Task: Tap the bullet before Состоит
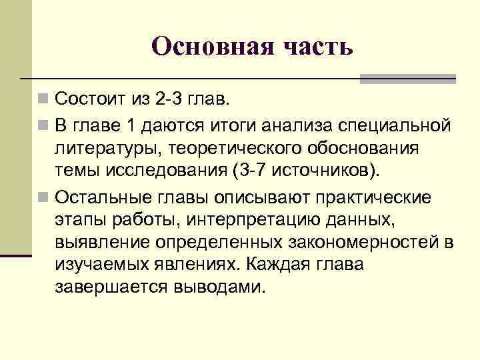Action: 43,101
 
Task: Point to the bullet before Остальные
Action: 43,197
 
